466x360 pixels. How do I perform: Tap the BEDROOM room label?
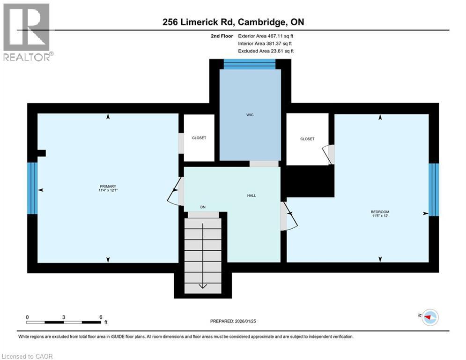380,212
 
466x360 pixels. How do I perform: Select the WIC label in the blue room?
251,115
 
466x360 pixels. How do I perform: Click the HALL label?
251,195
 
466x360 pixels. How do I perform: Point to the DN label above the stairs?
203,207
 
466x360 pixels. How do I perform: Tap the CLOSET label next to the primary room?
199,138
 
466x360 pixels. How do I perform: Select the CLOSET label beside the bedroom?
307,139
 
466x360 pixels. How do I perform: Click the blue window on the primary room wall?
32,188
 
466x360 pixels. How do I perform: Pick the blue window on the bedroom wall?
434,189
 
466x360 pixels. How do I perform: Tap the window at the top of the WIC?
250,65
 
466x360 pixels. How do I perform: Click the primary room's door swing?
174,193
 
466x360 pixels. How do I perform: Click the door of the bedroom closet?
329,154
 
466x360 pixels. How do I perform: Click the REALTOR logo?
27,32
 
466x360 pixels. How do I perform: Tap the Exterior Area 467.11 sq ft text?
266,36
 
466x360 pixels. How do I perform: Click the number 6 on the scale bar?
101,317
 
